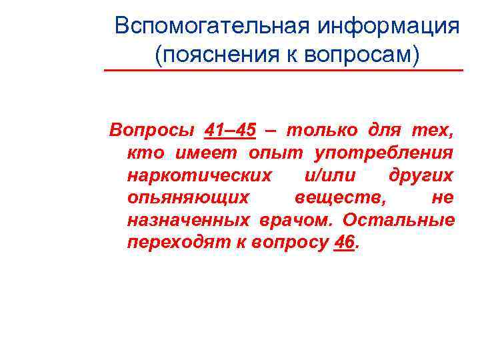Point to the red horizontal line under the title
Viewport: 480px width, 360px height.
283,70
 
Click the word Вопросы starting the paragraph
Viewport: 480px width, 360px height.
145,130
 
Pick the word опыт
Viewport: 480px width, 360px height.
270,153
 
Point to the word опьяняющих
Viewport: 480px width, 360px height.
188,197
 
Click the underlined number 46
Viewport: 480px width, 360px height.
343,243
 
